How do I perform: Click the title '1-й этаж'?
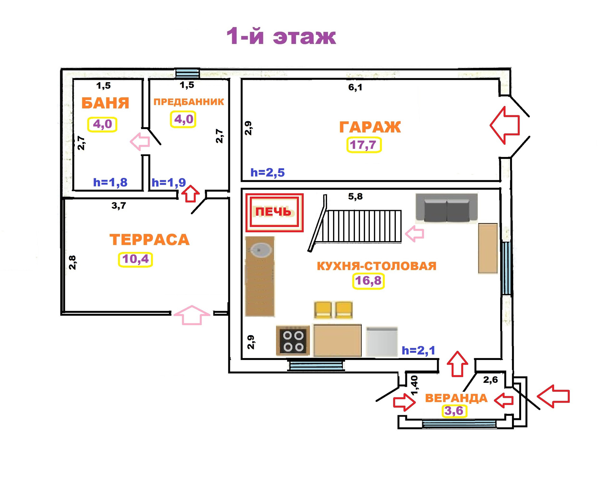click(281, 36)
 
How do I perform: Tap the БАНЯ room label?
click(105, 103)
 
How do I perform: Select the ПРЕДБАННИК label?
click(189, 102)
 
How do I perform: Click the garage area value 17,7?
click(363, 145)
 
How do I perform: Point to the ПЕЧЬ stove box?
click(274, 212)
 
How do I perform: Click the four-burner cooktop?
click(293, 341)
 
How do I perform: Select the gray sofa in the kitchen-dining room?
click(447, 207)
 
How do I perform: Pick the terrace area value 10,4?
click(135, 259)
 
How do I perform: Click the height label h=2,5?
click(267, 173)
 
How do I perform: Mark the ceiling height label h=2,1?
click(418, 350)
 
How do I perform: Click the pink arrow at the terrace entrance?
click(192, 315)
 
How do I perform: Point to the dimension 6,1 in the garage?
click(355, 87)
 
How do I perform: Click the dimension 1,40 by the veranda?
click(414, 385)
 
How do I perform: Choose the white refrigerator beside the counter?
click(382, 342)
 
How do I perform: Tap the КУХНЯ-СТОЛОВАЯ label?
click(377, 266)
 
